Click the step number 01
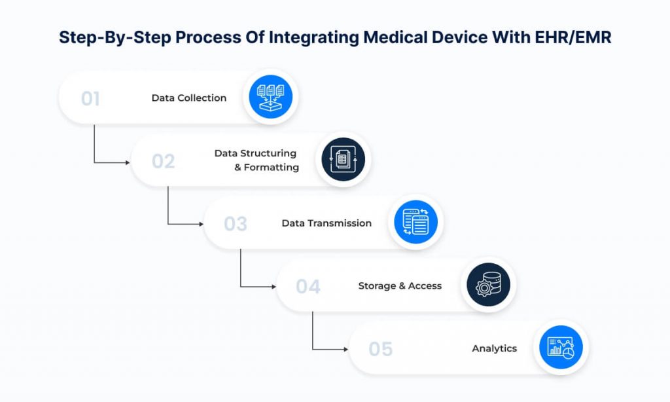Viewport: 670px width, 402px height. (x=90, y=99)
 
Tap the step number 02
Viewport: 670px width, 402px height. (x=163, y=161)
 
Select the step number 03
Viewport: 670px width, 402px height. (x=236, y=224)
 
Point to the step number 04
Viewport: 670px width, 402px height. (x=308, y=287)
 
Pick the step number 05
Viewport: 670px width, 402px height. (x=380, y=349)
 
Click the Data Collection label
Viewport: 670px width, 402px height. (x=188, y=98)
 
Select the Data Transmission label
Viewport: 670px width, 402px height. (x=326, y=223)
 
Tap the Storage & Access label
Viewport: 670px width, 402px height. (x=400, y=286)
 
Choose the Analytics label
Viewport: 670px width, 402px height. (x=494, y=348)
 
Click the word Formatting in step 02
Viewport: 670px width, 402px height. (x=272, y=168)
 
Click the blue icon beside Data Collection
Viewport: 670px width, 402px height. (x=271, y=99)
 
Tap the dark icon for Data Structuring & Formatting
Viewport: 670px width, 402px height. (x=343, y=161)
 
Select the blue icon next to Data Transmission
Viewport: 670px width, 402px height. (x=415, y=223)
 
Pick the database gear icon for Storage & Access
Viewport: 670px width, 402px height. (x=488, y=286)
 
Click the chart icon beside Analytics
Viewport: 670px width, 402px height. (x=560, y=348)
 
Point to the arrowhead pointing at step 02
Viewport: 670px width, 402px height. (x=127, y=162)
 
